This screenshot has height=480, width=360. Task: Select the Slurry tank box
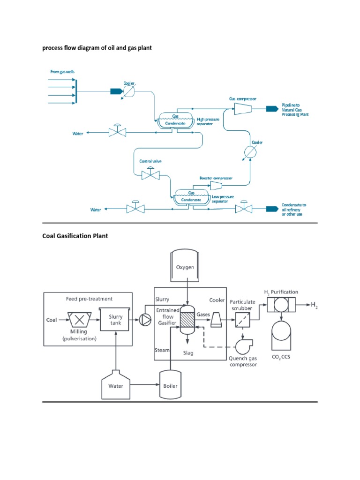point(115,320)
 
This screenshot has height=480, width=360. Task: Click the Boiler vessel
point(171,385)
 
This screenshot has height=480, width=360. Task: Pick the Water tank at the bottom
point(116,385)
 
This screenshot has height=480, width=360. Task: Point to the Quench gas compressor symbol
point(242,346)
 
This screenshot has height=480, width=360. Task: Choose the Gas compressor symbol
point(243,109)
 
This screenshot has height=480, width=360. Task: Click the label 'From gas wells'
point(62,72)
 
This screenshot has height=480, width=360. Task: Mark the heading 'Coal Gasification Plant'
point(75,236)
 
